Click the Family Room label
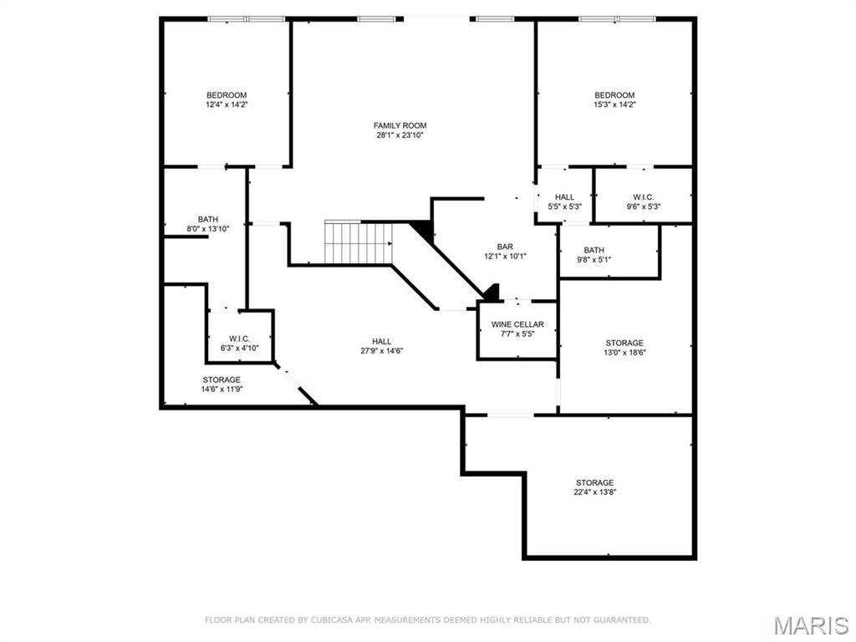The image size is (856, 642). point(400,125)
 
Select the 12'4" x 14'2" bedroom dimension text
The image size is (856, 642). point(227,105)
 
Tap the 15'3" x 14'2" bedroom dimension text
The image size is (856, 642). point(614,105)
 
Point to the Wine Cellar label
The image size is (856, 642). point(517,324)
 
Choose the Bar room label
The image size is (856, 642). point(504,247)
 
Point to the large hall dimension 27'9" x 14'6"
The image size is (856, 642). point(382,351)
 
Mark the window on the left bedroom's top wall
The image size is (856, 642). point(246,18)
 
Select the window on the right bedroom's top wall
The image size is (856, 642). point(617,18)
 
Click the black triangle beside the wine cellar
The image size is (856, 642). point(492,293)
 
